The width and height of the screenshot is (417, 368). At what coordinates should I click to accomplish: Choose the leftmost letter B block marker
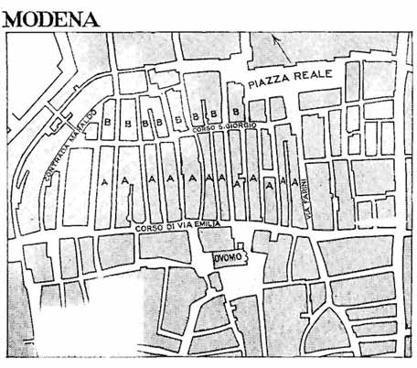107,121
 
